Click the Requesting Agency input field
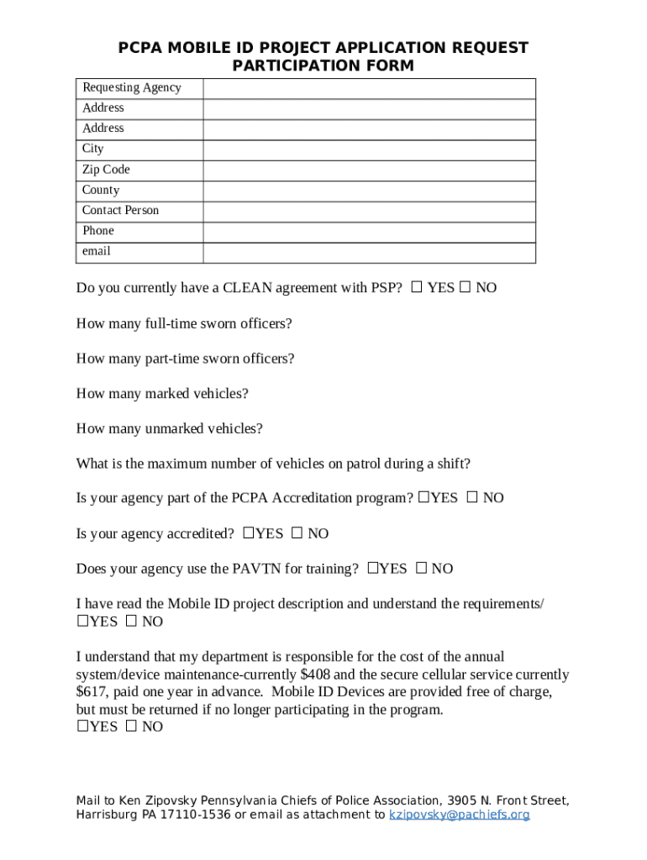pos(369,88)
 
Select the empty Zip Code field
pos(369,170)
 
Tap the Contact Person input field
pos(369,212)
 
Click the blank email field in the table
pos(369,253)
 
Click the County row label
pos(101,191)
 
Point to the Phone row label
pos(98,231)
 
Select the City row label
pos(93,149)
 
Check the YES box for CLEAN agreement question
pos(417,288)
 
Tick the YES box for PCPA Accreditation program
pos(424,498)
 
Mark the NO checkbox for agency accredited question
pos(297,533)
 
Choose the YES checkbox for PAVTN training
pos(373,569)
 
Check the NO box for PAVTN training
pos(422,569)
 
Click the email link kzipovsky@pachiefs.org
pos(459,815)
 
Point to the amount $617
pos(92,693)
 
